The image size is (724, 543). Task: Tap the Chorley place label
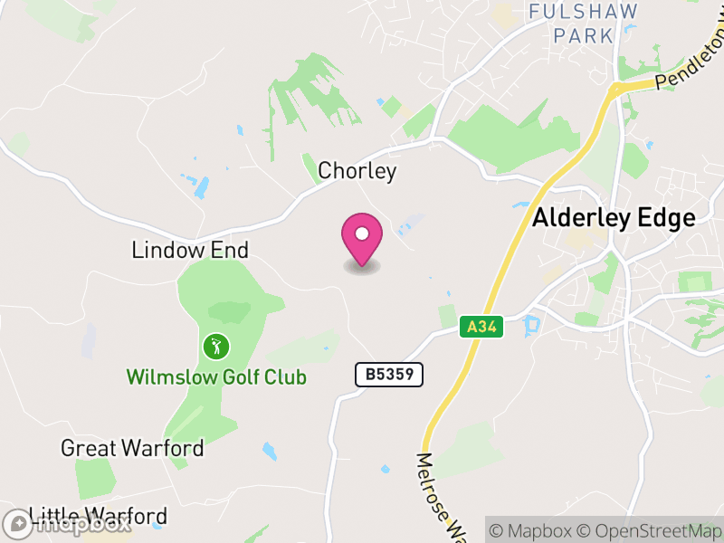[357, 171]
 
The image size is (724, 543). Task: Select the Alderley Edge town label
[614, 218]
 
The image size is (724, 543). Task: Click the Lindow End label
[190, 250]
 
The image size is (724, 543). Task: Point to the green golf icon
[216, 345]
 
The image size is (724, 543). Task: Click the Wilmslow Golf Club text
[216, 376]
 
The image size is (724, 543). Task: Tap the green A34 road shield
[481, 327]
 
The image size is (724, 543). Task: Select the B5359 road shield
[389, 374]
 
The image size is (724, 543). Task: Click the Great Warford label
[132, 448]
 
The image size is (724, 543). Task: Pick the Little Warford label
[99, 517]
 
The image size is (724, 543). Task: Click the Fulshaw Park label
[584, 24]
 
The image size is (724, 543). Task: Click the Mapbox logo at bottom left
[68, 523]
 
